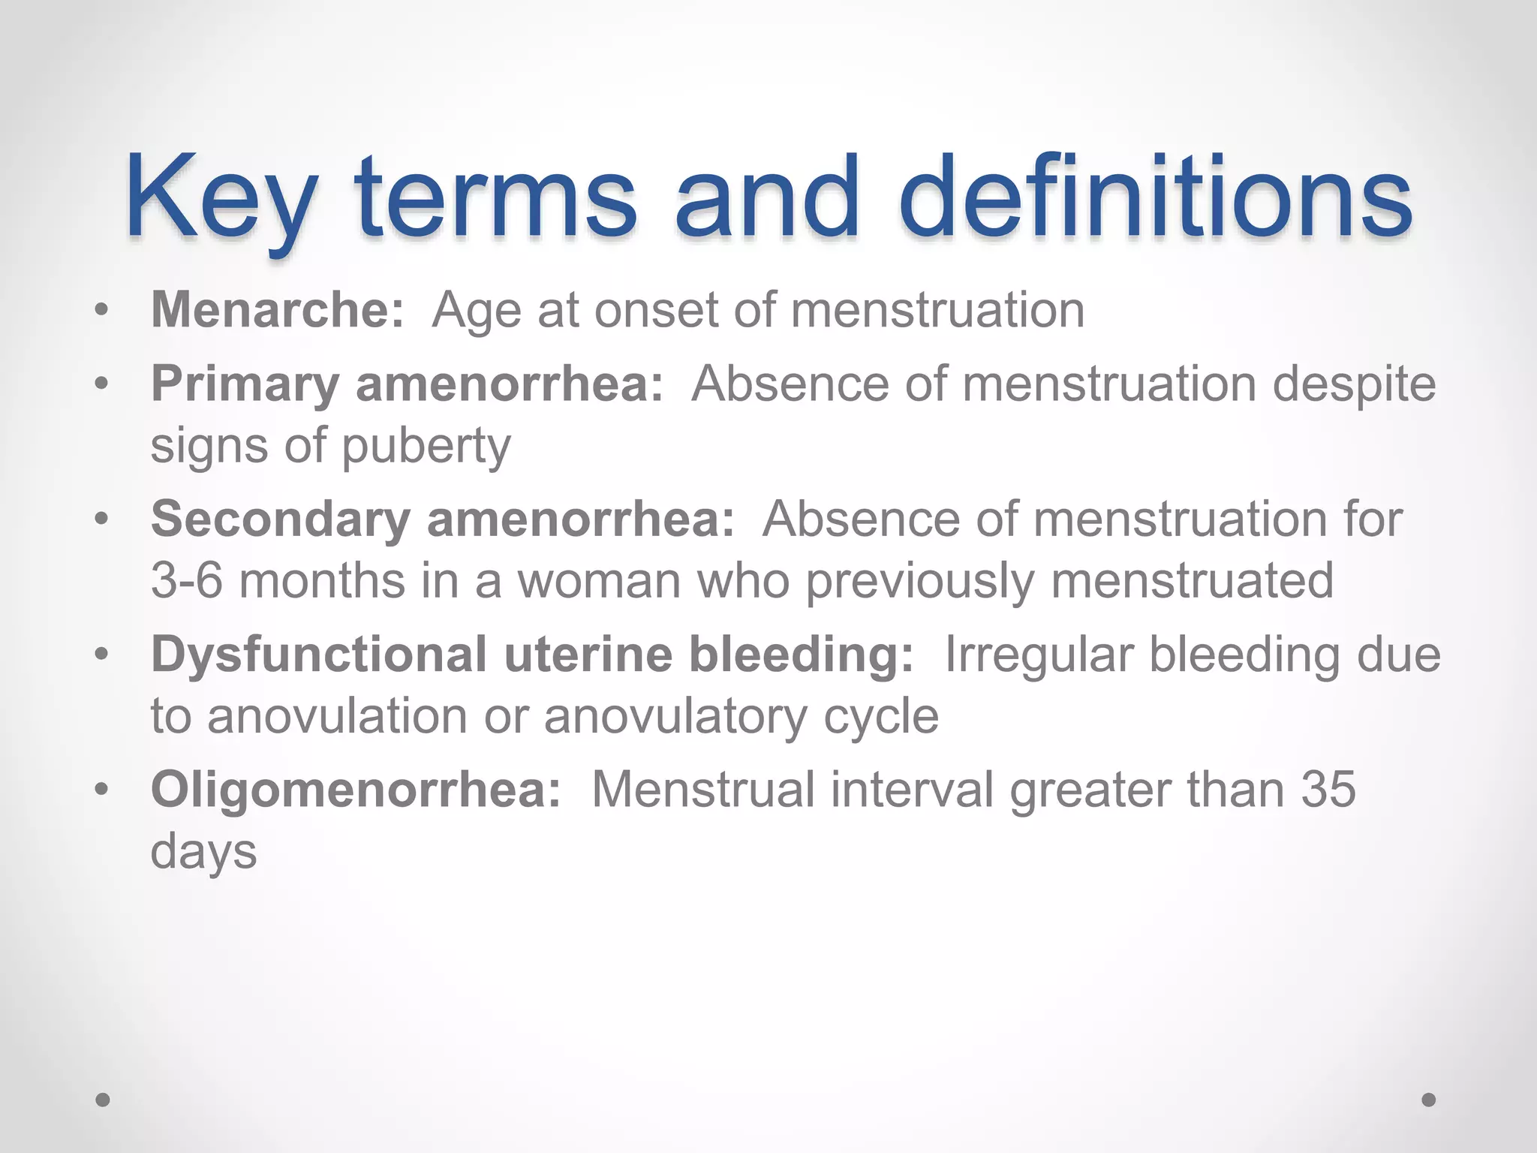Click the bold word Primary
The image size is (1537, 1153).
point(245,384)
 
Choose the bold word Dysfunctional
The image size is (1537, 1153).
point(319,655)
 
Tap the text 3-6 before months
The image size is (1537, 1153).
point(186,580)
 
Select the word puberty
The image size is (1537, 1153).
point(426,447)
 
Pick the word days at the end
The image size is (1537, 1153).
point(203,852)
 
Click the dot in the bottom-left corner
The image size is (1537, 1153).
point(103,1100)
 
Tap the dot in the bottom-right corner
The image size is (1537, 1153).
point(1429,1100)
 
